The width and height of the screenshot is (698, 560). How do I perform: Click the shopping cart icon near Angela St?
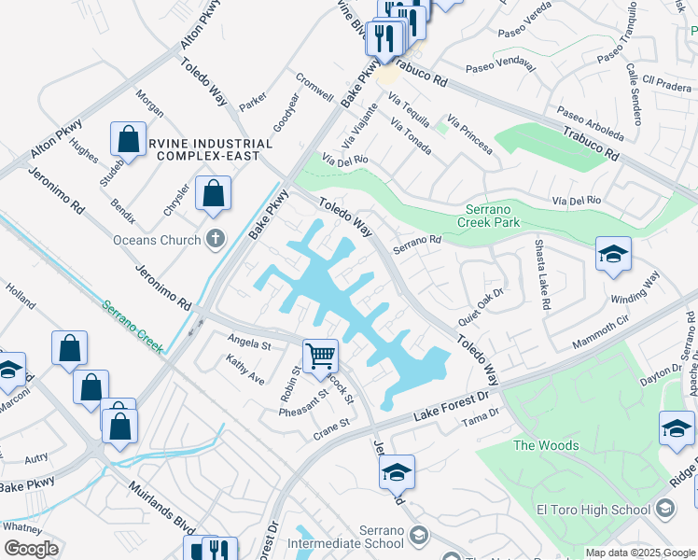(320, 356)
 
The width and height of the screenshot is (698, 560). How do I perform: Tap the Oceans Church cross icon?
(216, 240)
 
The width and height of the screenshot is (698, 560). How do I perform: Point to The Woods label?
(546, 445)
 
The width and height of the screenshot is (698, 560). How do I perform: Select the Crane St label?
(331, 428)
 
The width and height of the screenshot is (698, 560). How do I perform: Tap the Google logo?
(30, 549)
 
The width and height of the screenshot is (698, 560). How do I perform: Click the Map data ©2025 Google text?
(640, 553)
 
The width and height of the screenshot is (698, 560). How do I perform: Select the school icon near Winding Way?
(612, 255)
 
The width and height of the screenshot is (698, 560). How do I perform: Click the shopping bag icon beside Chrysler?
(214, 195)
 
